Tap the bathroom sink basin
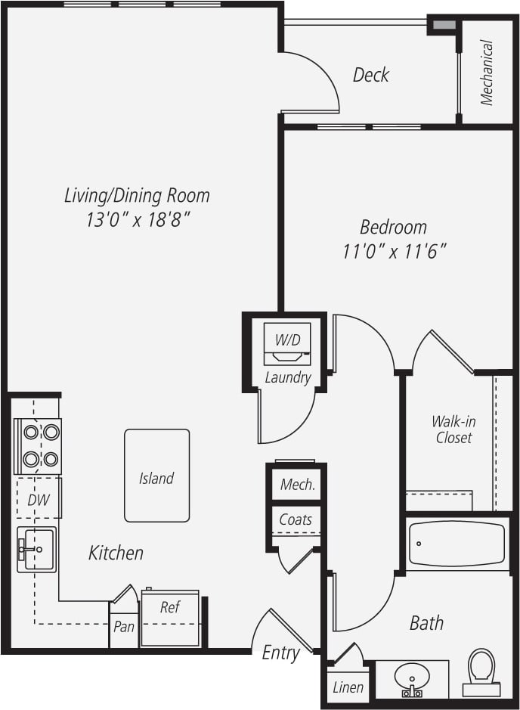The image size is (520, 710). click(x=412, y=676)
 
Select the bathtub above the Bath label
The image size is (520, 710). click(x=457, y=544)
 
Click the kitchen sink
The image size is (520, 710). click(x=37, y=549)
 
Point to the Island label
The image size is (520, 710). click(x=156, y=478)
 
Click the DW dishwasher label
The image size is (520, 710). click(x=38, y=500)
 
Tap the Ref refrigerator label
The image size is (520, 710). click(x=170, y=606)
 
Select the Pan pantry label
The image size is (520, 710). click(x=124, y=627)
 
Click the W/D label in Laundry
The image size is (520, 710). click(x=287, y=340)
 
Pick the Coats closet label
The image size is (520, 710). click(x=296, y=519)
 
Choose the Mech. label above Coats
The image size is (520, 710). click(x=297, y=485)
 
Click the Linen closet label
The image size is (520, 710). click(x=348, y=687)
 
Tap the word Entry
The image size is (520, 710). click(x=280, y=653)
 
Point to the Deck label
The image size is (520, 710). click(x=371, y=75)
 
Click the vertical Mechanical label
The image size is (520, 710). click(x=487, y=73)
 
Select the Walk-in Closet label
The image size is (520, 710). click(x=453, y=429)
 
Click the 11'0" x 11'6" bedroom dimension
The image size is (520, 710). click(x=395, y=252)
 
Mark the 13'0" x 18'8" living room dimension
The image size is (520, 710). click(x=137, y=220)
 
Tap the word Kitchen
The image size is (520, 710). click(x=116, y=553)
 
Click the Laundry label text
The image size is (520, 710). click(x=287, y=377)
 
